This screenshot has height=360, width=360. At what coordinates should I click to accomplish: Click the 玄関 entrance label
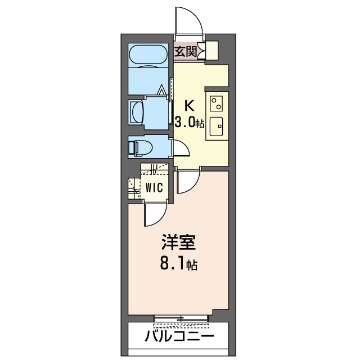click(185, 52)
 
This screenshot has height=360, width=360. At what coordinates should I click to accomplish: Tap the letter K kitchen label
click(190, 105)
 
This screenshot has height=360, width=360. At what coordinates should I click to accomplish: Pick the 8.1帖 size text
click(178, 264)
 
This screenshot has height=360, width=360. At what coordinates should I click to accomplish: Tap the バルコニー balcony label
click(179, 337)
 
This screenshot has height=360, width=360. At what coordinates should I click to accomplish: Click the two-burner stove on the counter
click(217, 103)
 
